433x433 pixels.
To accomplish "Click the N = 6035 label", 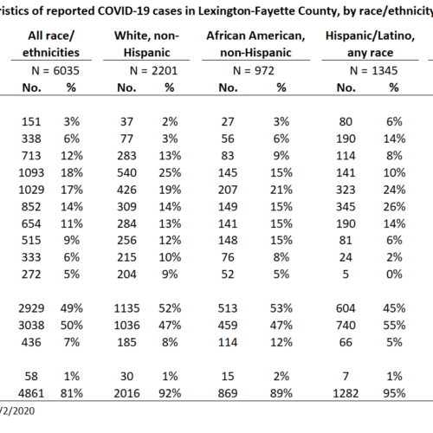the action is [x=55, y=71].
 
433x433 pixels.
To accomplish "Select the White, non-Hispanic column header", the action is [x=146, y=44].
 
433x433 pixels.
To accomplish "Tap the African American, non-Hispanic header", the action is [x=255, y=44].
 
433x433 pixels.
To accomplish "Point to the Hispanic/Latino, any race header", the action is [x=370, y=44].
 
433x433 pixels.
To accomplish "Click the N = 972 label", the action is [x=254, y=71].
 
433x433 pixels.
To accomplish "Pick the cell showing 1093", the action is [x=31, y=173].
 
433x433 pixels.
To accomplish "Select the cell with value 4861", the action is [x=31, y=393].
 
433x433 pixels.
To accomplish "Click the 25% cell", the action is [x=170, y=173].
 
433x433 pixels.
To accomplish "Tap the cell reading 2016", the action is [x=126, y=393].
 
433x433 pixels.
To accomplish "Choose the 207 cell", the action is [x=228, y=190].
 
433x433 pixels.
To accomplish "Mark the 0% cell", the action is [x=394, y=275].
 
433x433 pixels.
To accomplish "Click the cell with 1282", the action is [x=346, y=393].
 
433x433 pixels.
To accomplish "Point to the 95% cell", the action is [x=394, y=393].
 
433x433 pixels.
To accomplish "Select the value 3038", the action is [x=31, y=326].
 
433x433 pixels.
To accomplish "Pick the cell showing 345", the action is [x=346, y=207].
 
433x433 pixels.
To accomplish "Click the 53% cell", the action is [x=281, y=308].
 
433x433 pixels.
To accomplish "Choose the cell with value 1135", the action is [x=126, y=308].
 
